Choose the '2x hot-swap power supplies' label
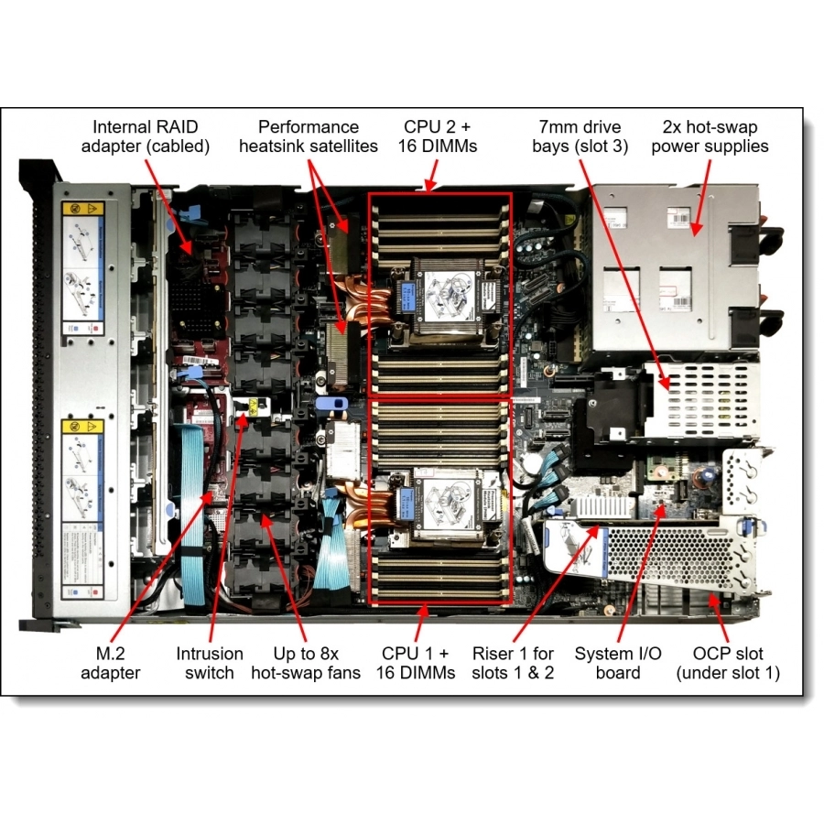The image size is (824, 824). click(710, 136)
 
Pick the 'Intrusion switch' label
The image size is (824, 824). click(210, 663)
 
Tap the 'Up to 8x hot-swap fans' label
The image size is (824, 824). click(306, 663)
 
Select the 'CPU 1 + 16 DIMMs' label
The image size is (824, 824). click(417, 663)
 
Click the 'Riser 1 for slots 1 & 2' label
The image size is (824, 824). click(513, 663)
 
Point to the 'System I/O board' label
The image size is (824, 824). click(618, 663)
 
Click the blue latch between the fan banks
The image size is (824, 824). click(331, 403)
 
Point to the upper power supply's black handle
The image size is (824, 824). click(771, 241)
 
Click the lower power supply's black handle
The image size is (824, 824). click(771, 322)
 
